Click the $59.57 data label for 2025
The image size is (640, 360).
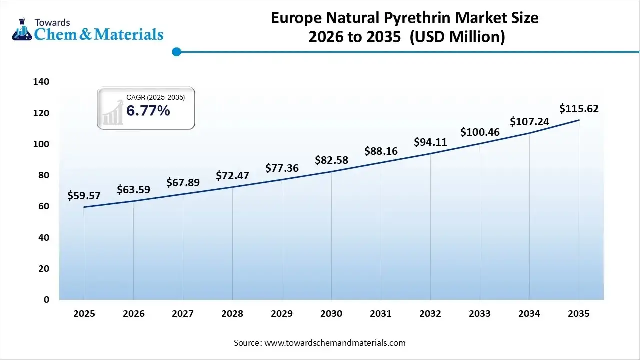coord(84,196)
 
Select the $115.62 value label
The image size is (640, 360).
coord(579,109)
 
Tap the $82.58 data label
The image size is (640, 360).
coord(331,160)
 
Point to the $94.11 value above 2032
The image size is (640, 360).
coord(430,142)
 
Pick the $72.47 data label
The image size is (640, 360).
coord(232,176)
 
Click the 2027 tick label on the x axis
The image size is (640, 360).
coord(183,314)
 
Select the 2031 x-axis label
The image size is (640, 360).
coord(381,314)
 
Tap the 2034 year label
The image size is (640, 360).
coord(529,314)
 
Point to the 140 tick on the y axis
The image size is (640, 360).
coord(42,82)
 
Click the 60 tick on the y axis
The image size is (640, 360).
coord(44,206)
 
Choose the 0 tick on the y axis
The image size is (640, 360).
coord(46,300)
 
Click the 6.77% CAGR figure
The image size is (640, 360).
coord(148,111)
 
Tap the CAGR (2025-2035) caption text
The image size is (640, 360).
coord(155,98)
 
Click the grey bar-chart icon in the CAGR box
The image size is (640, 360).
coord(113,112)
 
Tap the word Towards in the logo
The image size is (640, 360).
coord(52,22)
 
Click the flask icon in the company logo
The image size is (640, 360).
coord(21,30)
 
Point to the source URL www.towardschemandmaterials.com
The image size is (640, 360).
coord(334,343)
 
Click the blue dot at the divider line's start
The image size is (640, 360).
coord(176,52)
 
